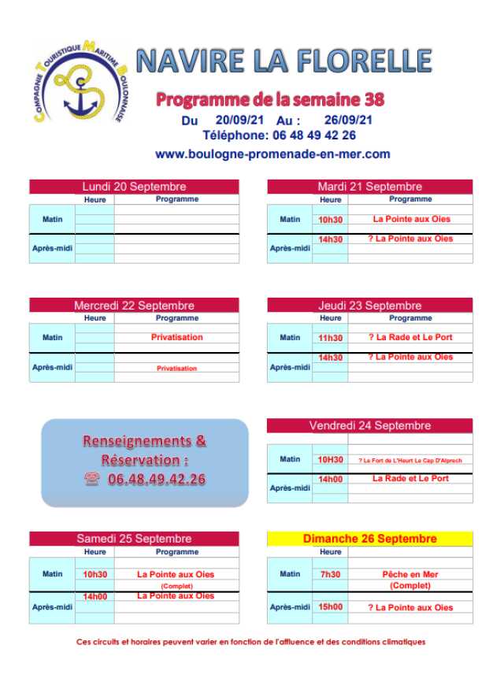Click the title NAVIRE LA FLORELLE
point(283,61)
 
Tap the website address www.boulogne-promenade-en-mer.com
point(272,154)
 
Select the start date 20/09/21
point(239,120)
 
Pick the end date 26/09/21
point(348,120)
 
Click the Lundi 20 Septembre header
point(134,187)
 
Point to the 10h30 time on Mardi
point(331,220)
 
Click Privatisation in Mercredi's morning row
point(176,337)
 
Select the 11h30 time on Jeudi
point(331,338)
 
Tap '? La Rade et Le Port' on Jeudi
point(410,338)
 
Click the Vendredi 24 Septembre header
point(370,426)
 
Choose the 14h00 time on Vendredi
point(331,479)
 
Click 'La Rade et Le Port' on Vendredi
point(410,478)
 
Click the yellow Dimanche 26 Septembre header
point(370,539)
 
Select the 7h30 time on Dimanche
point(331,575)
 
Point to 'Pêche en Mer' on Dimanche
point(410,575)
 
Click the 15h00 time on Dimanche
point(331,608)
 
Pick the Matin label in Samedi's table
point(53,574)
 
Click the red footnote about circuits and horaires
point(250,642)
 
